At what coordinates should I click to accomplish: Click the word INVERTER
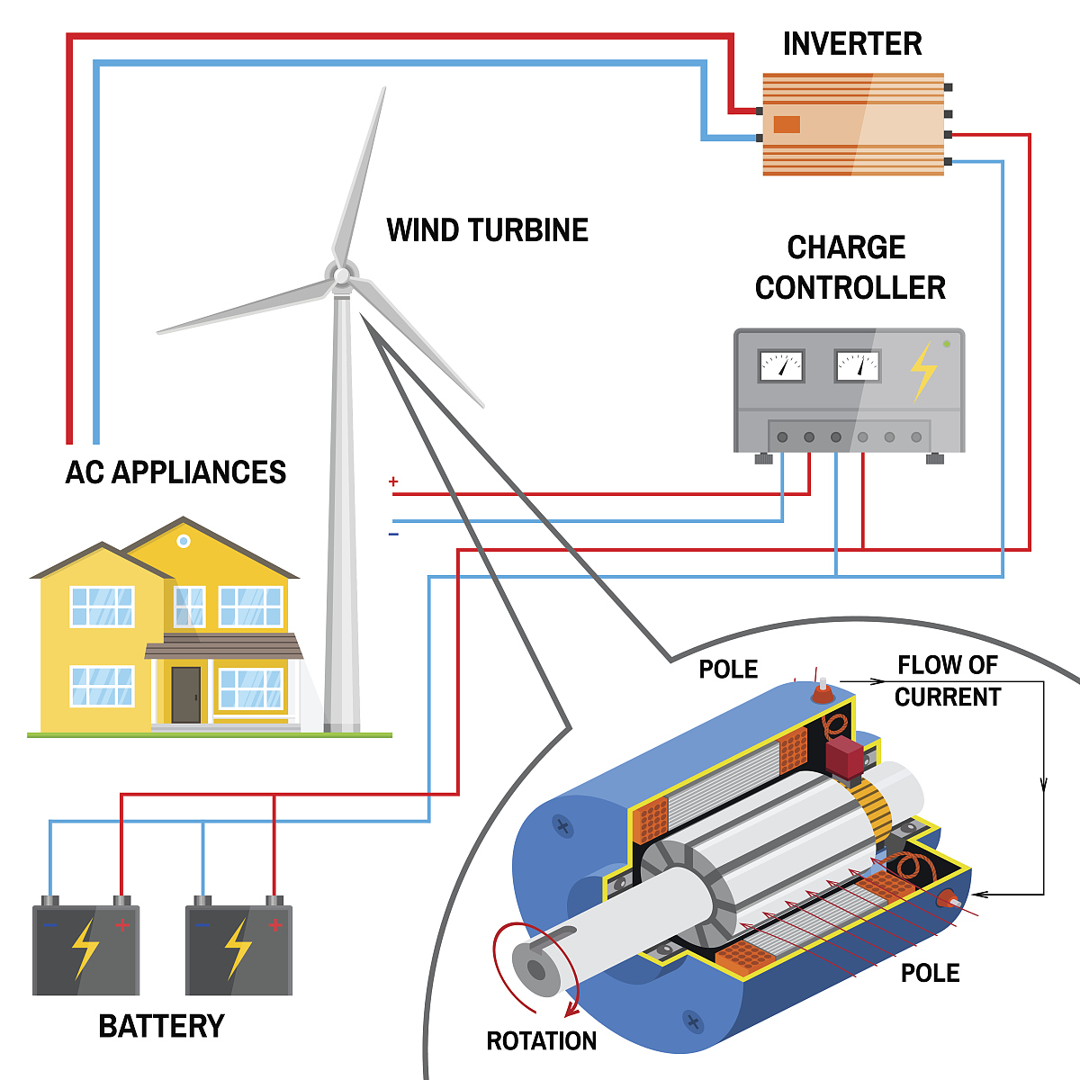coord(851,44)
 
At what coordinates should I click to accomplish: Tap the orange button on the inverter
coord(787,124)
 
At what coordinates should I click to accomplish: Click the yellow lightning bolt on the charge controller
coord(922,369)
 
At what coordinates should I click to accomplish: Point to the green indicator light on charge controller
coord(946,344)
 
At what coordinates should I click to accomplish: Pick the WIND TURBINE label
coord(487,230)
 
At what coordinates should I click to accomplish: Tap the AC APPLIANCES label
coord(175,472)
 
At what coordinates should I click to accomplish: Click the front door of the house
coord(185,694)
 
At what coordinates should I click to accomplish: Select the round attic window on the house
coord(184,541)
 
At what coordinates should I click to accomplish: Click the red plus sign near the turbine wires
coord(393,482)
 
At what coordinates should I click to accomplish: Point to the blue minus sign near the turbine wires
coord(393,535)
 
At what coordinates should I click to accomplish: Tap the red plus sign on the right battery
coord(275,925)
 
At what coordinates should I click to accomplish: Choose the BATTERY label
coord(161,1026)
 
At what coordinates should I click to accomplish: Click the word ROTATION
coord(541,1041)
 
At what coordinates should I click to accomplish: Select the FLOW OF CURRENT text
coord(948,680)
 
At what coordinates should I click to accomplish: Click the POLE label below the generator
coord(930,973)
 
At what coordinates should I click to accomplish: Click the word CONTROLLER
coord(850,288)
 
